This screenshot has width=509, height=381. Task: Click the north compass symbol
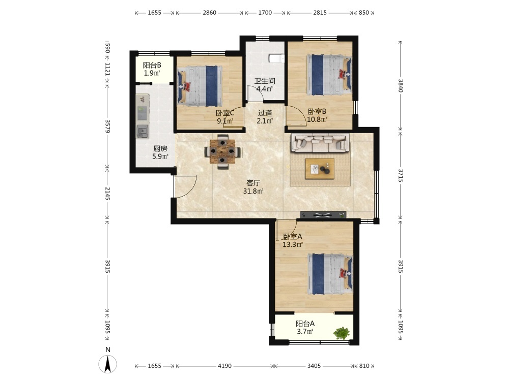[108, 364]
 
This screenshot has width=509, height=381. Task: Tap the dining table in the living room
[222, 151]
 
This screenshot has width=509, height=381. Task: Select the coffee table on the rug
[320, 169]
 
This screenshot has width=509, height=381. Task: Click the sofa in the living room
[321, 143]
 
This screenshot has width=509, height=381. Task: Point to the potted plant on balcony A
[342, 333]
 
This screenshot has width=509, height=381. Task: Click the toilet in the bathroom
[276, 58]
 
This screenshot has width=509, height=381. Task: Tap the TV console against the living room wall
[323, 214]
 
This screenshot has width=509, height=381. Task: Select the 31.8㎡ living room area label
[253, 191]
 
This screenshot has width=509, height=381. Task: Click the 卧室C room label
[225, 113]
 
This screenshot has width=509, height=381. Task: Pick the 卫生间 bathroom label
[265, 81]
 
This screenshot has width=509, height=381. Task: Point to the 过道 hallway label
[265, 113]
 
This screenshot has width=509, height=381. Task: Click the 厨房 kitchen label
[160, 149]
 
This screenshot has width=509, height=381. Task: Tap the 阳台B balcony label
[152, 65]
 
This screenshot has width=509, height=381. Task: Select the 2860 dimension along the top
[209, 13]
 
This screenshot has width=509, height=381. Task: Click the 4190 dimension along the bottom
[224, 366]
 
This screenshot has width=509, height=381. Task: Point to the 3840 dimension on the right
[401, 85]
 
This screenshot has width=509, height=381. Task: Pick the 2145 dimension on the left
[108, 194]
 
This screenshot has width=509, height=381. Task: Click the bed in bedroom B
[329, 75]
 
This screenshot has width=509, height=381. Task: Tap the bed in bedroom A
[330, 274]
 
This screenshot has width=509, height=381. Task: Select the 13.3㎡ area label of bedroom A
[293, 245]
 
